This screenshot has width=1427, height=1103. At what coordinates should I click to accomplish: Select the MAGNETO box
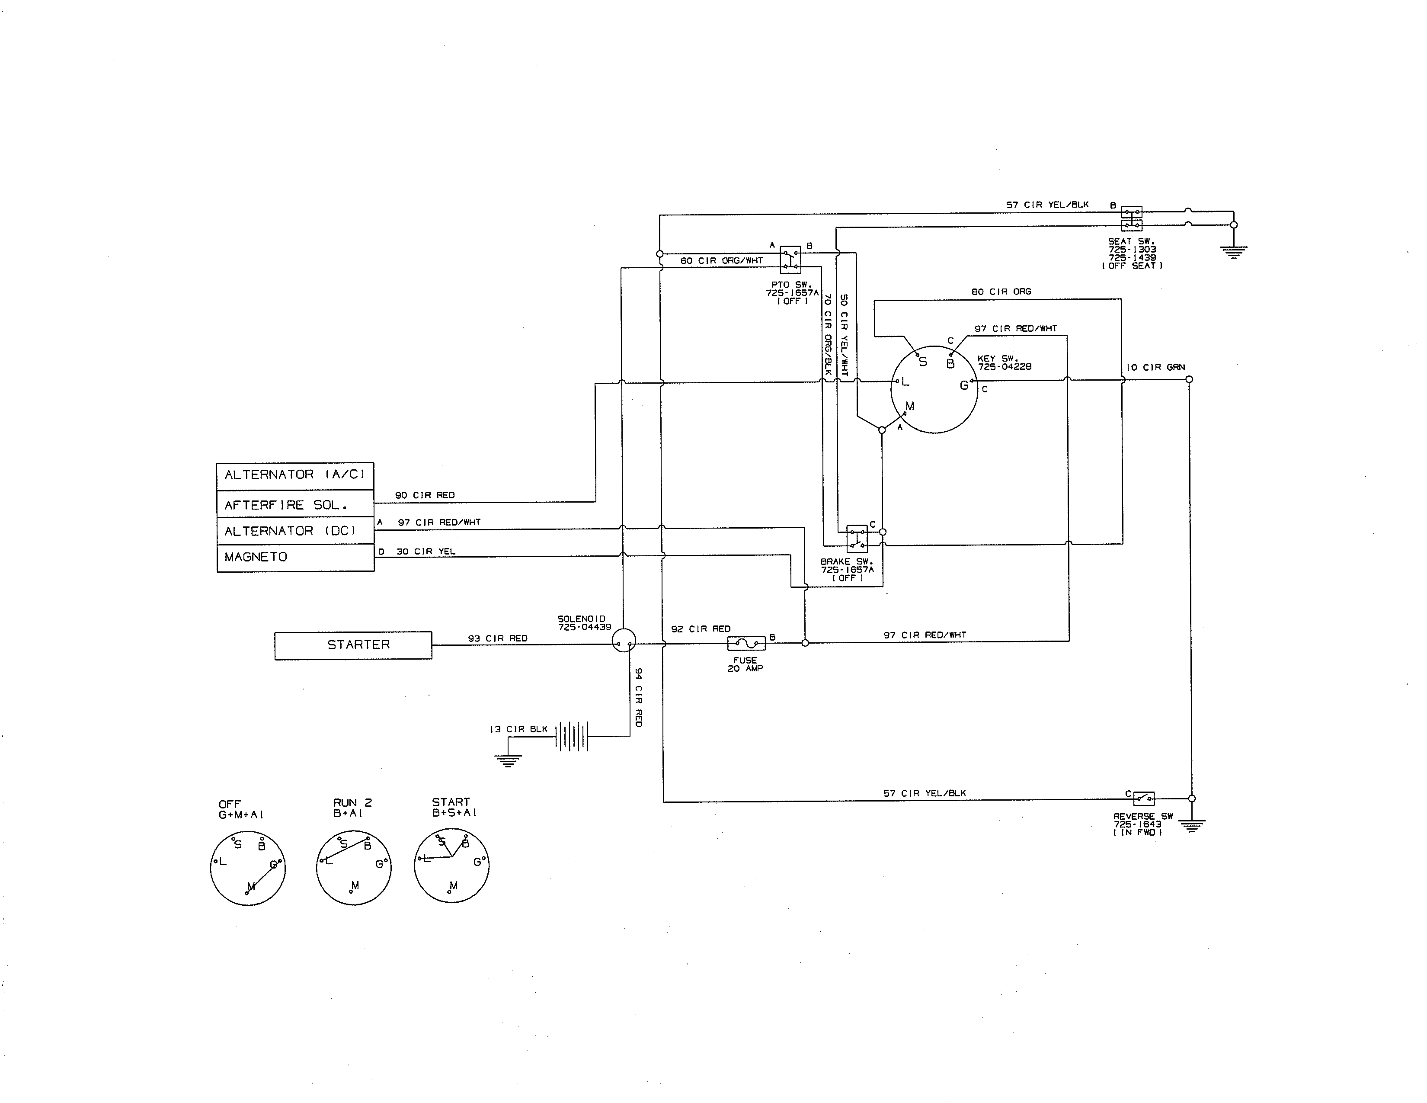tap(295, 558)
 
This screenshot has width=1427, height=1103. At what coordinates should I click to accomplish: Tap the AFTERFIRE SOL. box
tap(295, 504)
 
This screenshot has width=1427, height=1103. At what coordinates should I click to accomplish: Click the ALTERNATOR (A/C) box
tap(295, 475)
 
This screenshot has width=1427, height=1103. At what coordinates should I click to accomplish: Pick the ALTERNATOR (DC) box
tap(295, 531)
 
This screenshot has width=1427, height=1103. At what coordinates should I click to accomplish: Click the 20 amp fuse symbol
tap(746, 644)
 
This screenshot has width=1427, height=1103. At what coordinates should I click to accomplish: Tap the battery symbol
tap(572, 737)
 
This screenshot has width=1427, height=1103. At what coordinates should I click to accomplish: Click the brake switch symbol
tap(857, 539)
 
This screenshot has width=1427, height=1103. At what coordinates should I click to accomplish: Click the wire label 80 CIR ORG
tap(1001, 292)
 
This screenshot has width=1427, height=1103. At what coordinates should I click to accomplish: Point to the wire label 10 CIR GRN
tap(1155, 367)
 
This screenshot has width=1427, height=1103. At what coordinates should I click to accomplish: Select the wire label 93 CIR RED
tap(497, 638)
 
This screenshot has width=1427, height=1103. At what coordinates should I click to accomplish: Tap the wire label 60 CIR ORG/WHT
tap(721, 261)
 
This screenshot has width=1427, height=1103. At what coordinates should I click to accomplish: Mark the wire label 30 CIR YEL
tap(426, 551)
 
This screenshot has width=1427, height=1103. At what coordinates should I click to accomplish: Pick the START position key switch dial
tap(451, 866)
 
